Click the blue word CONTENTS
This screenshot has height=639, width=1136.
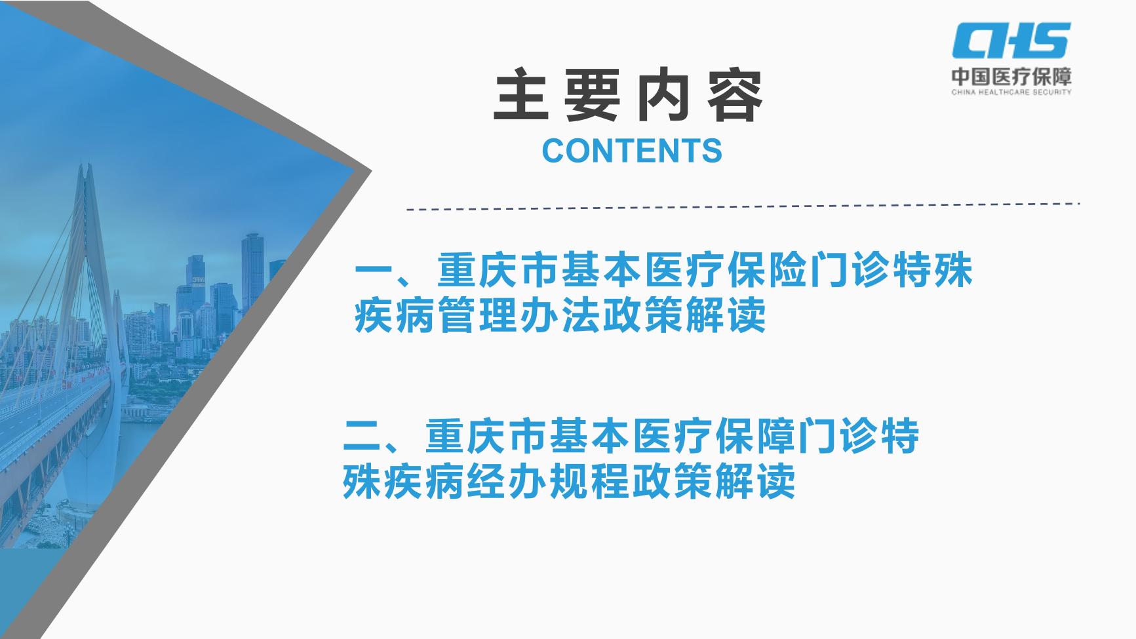[x=632, y=150]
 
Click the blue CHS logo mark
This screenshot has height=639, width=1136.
[x=1011, y=40]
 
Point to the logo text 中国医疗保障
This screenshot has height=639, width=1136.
[x=1011, y=77]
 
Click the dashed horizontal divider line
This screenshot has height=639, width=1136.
[x=743, y=206]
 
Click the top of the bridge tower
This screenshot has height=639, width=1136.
[x=85, y=172]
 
